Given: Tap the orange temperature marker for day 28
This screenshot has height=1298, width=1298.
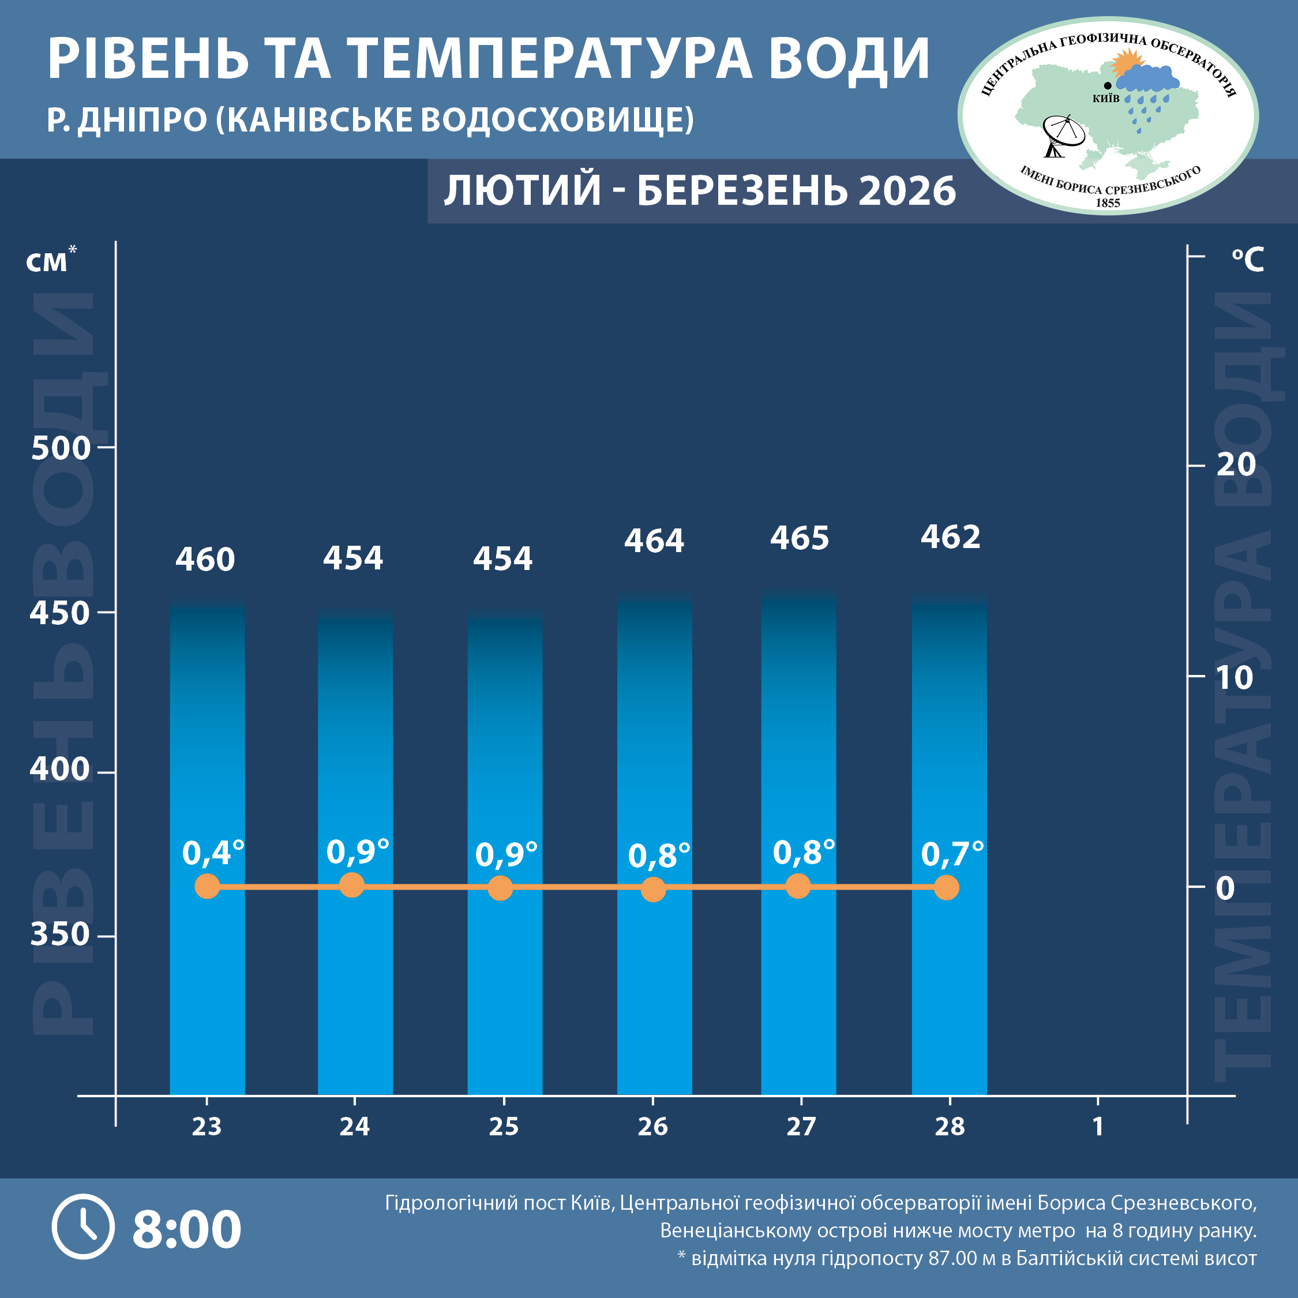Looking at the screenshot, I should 947,887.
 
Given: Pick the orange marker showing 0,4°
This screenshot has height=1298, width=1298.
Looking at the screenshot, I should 207,886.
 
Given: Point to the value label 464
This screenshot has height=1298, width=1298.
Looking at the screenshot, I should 654,541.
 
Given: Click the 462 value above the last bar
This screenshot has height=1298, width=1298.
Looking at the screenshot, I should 950,537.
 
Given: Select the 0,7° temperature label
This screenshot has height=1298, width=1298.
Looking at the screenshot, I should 951,854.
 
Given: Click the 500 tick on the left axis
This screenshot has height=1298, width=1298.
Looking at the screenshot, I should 61,448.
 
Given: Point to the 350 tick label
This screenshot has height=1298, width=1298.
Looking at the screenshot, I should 60,934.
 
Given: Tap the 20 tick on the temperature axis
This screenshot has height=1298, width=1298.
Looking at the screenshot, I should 1236,464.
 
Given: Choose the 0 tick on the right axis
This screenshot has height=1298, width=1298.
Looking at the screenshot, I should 1225,888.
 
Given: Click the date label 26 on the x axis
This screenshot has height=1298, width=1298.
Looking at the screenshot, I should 652,1126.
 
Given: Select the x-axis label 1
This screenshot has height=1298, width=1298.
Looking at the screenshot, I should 1098,1126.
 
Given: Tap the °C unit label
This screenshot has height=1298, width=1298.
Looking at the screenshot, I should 1248,260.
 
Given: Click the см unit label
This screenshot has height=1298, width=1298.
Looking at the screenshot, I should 47,262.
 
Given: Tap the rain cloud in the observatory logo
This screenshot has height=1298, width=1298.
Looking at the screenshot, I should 1147,81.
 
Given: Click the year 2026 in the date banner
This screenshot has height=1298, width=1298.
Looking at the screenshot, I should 906,191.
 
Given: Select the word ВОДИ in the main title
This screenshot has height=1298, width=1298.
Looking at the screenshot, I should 849,59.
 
